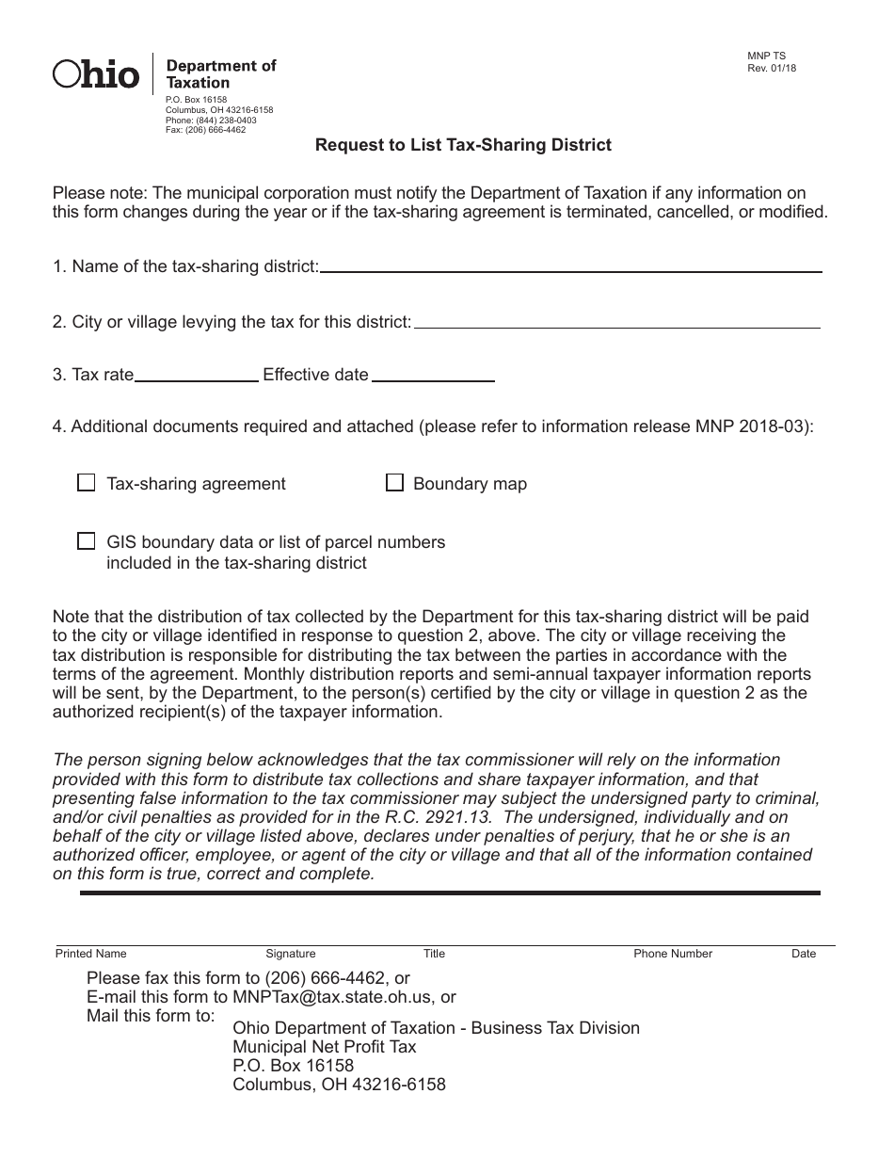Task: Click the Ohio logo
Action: coord(97,73)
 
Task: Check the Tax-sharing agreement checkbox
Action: coord(87,483)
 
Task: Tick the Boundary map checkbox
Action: coord(395,483)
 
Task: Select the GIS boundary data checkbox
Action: coord(87,541)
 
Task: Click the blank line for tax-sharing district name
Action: coord(570,269)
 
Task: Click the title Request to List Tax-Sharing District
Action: coord(463,145)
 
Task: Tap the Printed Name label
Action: coord(90,954)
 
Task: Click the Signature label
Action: coord(291,954)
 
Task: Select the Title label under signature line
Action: coord(434,954)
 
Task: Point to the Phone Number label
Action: coord(673,954)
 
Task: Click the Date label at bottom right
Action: coord(804,954)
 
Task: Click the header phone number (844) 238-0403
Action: coord(224,121)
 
